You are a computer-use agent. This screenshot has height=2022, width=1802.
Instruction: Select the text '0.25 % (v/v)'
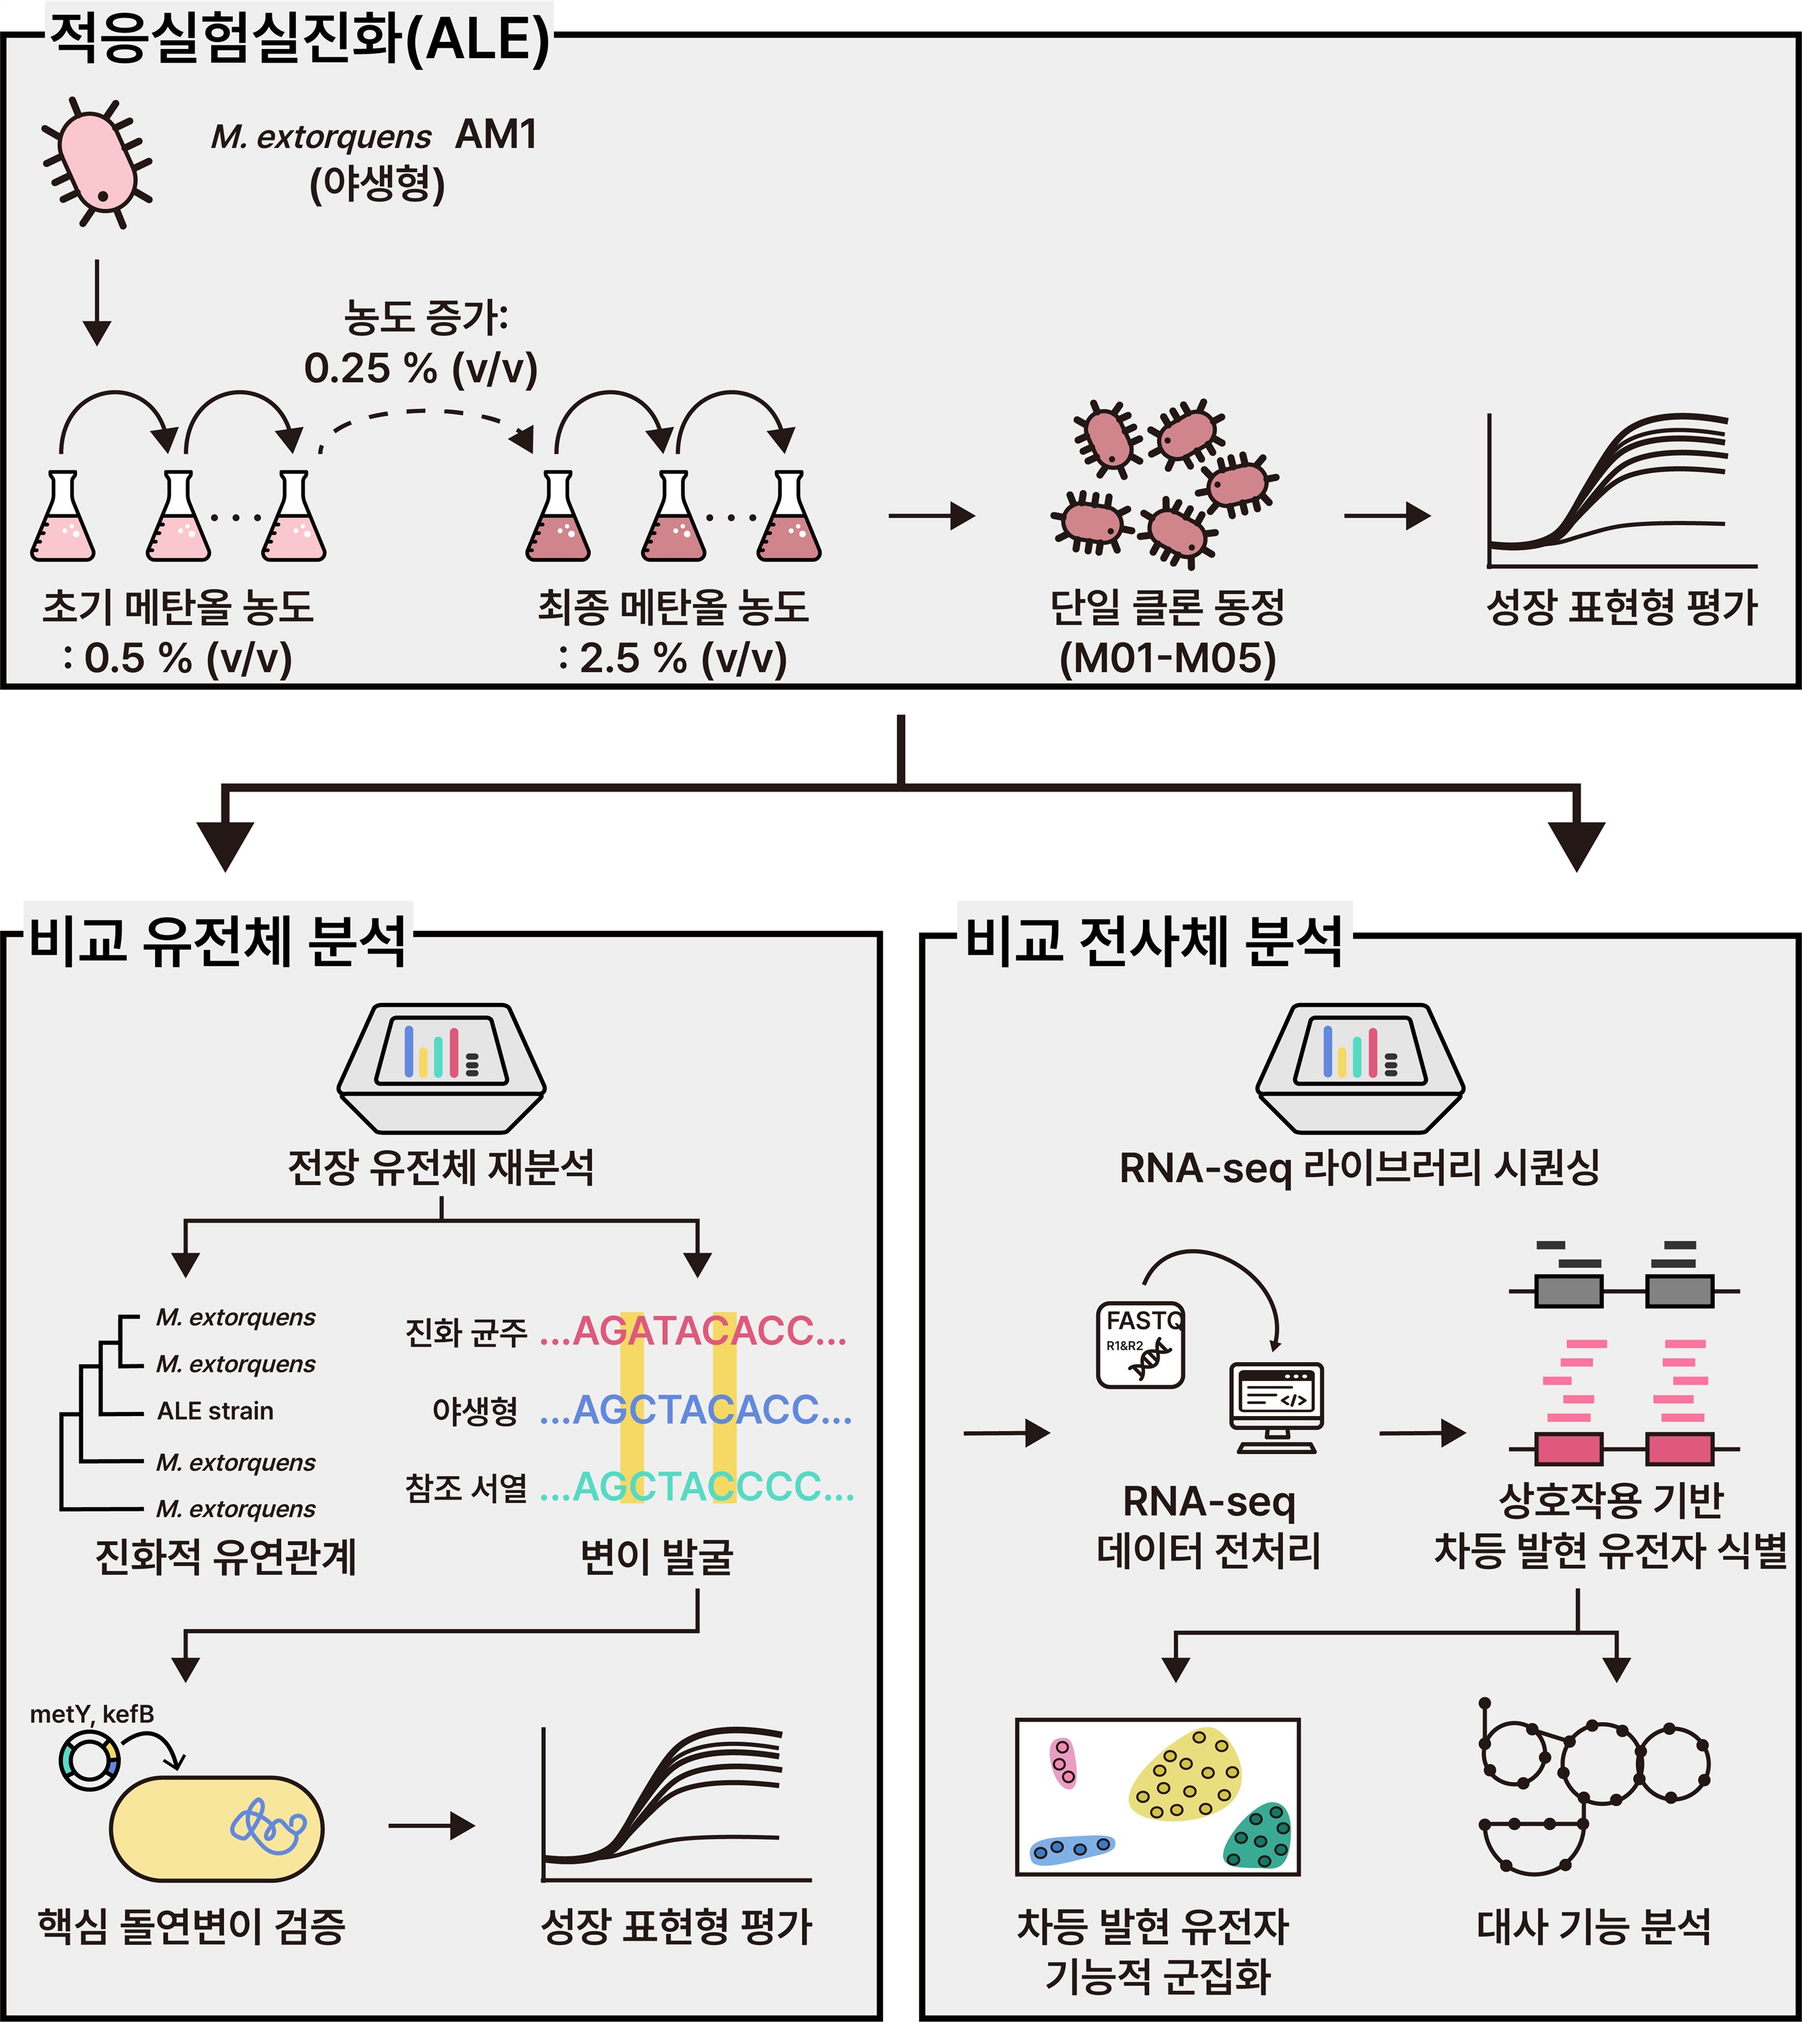(421, 369)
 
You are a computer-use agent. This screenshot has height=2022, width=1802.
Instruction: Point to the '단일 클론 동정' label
(1168, 606)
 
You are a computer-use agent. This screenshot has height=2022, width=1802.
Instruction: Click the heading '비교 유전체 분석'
(218, 939)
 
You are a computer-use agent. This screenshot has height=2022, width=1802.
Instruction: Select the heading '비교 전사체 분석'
(1154, 939)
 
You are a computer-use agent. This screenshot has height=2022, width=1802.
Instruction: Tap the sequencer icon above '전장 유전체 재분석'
(441, 1067)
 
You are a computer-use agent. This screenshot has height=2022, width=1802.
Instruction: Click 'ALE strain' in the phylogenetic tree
(215, 1410)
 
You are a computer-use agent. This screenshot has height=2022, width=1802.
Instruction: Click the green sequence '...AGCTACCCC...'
(697, 1487)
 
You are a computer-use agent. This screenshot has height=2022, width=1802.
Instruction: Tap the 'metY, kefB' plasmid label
(92, 1714)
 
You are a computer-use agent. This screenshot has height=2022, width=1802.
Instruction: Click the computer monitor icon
(1276, 1406)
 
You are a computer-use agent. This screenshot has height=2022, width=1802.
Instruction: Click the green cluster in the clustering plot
(1258, 1838)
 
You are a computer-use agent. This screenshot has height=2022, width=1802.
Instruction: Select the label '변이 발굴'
(656, 1555)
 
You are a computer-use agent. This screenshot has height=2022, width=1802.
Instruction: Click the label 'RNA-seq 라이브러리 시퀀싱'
(1359, 1167)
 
